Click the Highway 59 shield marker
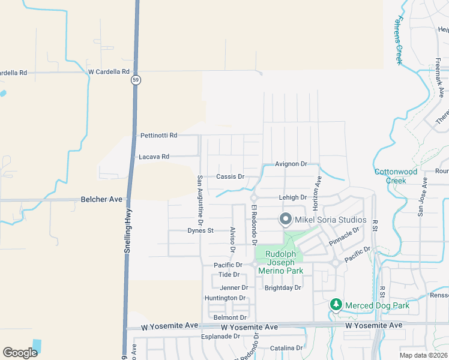(x=137, y=81)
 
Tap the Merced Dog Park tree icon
(x=336, y=305)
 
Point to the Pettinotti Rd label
(x=158, y=136)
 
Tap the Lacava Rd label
(x=154, y=157)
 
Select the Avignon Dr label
(x=291, y=164)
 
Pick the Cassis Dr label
(x=231, y=177)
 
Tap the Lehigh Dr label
(x=293, y=197)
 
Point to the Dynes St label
(x=200, y=230)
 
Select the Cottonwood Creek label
(x=396, y=176)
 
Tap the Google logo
(x=20, y=353)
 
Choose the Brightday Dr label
(x=283, y=287)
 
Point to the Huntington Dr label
(x=225, y=298)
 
